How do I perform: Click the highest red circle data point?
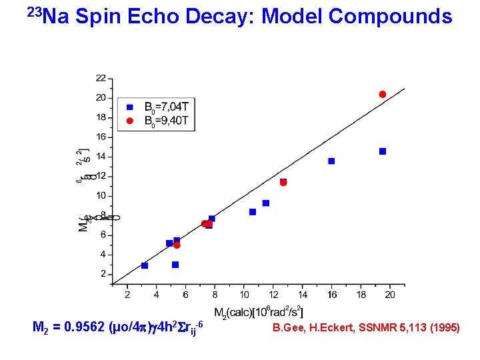383,95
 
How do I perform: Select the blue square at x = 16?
331,161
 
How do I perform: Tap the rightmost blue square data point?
383,151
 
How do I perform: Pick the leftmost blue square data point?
145,265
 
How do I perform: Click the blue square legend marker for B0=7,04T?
130,106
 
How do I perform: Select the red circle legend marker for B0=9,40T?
130,121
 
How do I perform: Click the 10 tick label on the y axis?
100,196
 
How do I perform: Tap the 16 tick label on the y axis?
100,137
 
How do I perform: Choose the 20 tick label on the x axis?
390,294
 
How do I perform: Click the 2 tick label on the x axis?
127,294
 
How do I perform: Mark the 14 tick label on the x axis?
302,294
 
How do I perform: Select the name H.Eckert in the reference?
327,327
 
